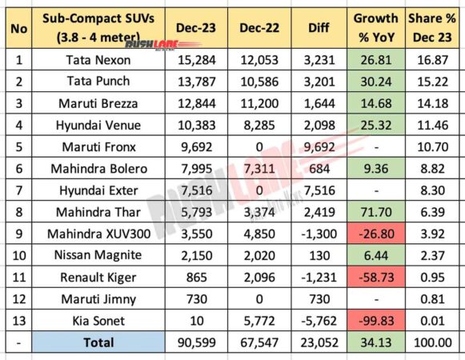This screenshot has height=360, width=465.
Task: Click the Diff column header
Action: tap(319, 29)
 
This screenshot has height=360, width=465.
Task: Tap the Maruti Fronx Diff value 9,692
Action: tap(319, 145)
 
